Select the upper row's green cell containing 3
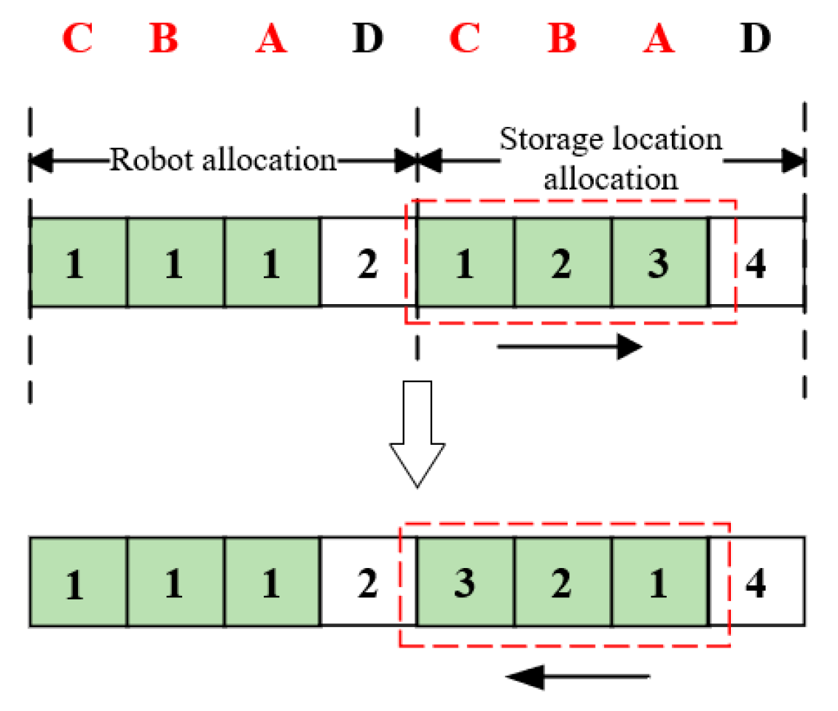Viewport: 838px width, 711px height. coord(659,263)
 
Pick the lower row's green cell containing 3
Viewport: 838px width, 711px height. coord(465,583)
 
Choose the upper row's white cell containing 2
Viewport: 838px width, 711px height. coord(368,263)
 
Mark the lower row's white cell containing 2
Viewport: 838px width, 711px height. coord(368,583)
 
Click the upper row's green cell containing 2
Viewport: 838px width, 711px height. coord(562,263)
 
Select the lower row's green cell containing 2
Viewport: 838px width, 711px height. coord(562,583)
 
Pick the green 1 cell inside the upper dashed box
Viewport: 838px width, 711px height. coord(465,263)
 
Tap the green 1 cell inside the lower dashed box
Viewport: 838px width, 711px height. coord(659,583)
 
